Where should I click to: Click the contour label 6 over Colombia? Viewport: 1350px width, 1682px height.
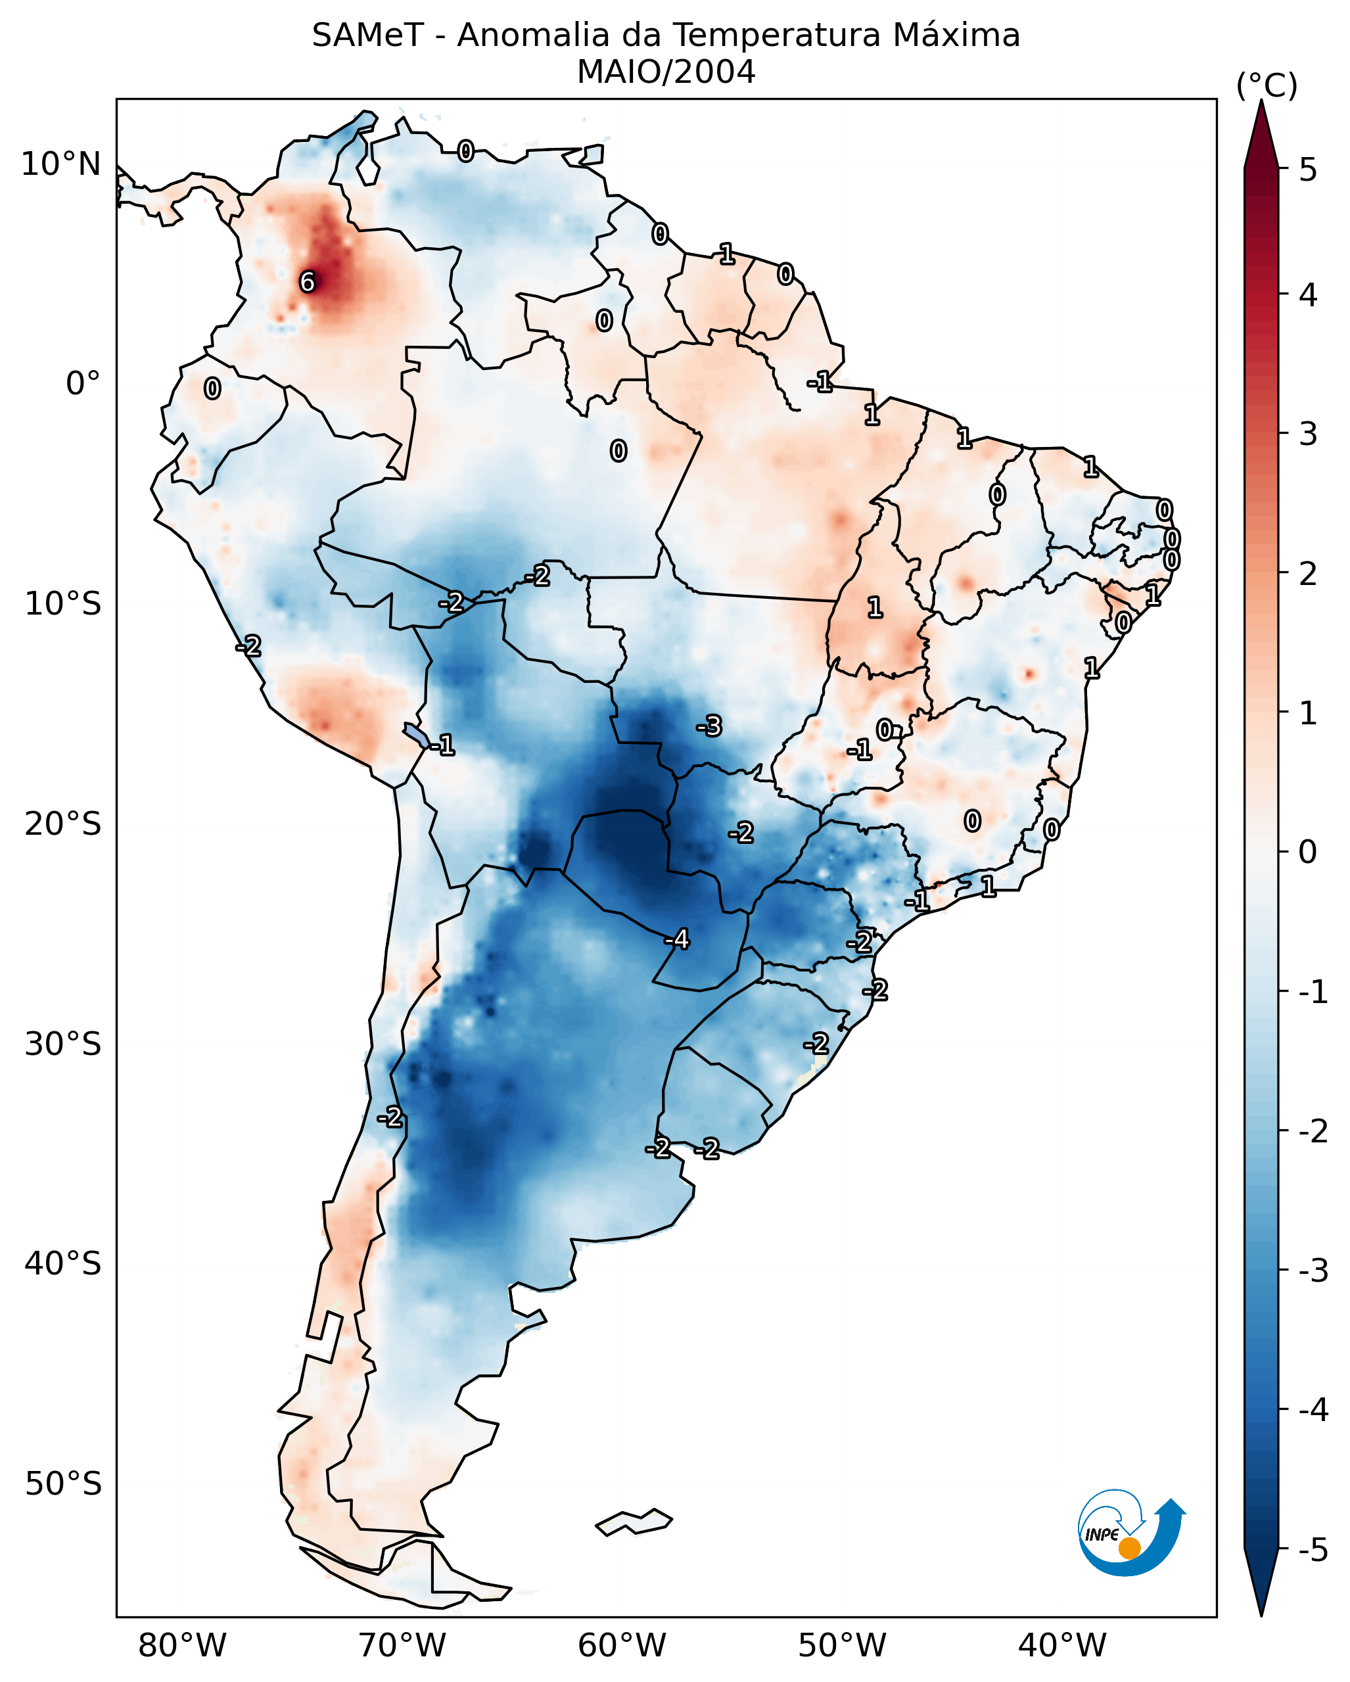(308, 281)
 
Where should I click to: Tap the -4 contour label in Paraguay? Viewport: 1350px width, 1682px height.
(677, 939)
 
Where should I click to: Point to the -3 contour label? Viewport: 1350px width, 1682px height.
(709, 726)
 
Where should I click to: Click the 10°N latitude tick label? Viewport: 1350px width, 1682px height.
(61, 164)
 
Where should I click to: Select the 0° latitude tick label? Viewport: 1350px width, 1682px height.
(83, 384)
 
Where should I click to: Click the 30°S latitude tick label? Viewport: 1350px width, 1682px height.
(63, 1044)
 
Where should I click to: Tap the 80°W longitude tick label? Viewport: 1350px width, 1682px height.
(181, 1645)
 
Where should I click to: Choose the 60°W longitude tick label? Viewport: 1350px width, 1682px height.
(622, 1645)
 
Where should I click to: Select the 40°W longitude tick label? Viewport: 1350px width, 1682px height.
(1062, 1645)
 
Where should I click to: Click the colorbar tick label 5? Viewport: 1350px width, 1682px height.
(1308, 170)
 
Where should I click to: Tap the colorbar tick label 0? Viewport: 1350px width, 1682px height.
(1308, 851)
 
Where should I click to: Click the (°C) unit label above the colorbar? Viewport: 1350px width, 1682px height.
(1267, 86)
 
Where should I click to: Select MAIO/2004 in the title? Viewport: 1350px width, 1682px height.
(666, 72)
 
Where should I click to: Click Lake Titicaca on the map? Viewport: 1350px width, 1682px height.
(415, 734)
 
